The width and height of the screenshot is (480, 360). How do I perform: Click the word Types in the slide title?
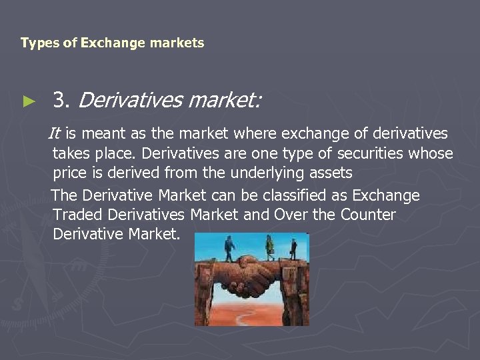pyautogui.click(x=36, y=43)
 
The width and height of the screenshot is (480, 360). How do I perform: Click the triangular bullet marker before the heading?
pyautogui.click(x=27, y=102)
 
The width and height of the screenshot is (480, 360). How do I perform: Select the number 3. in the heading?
pyautogui.click(x=63, y=101)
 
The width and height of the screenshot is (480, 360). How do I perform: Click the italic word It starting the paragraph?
pyautogui.click(x=55, y=134)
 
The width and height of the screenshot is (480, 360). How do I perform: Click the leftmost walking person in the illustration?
pyautogui.click(x=229, y=248)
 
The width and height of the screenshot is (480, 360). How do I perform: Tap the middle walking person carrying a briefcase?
pyautogui.click(x=269, y=247)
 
